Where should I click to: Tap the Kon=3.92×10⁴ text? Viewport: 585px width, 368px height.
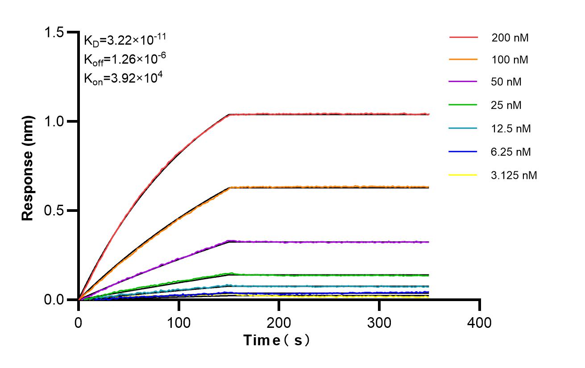(x=123, y=79)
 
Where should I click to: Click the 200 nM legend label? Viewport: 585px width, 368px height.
(x=510, y=38)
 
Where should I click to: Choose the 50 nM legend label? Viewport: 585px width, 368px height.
(x=506, y=83)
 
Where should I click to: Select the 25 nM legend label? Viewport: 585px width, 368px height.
(x=506, y=106)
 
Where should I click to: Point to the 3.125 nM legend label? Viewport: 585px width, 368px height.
(x=514, y=175)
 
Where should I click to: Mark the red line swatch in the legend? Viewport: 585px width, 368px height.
(x=463, y=38)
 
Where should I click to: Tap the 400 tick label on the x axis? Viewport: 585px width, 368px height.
(x=480, y=322)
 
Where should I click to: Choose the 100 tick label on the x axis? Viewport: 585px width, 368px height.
(x=178, y=322)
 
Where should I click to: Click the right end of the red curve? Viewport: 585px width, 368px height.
(x=428, y=114)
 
